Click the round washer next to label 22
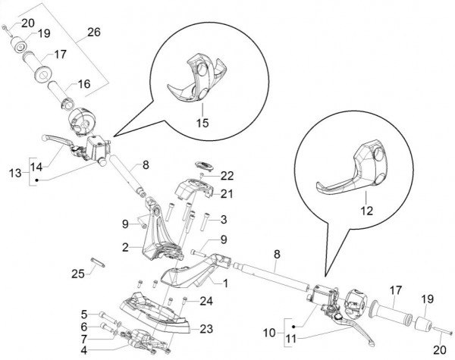coord(202,164)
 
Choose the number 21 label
coord(227,194)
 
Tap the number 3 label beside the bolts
coord(224,220)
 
